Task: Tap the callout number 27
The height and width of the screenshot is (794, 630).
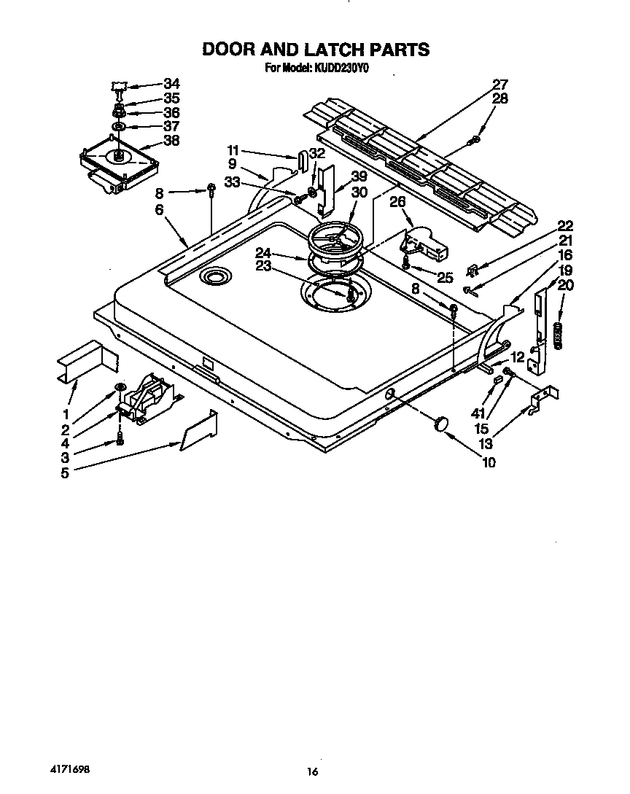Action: click(499, 84)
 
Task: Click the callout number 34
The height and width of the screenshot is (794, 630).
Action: click(171, 83)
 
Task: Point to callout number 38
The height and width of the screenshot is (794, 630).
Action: click(171, 141)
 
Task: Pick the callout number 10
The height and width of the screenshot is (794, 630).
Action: click(488, 462)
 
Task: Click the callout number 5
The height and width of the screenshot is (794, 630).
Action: click(65, 472)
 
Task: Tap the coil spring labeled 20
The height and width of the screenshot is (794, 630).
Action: click(559, 335)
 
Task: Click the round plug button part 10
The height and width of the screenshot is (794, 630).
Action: click(440, 424)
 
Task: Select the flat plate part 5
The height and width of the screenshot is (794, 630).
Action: click(198, 432)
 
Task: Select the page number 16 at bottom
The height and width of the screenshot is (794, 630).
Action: click(312, 771)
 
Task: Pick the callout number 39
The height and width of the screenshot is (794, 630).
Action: click(358, 176)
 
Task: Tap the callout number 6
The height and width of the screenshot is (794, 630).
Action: click(159, 209)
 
